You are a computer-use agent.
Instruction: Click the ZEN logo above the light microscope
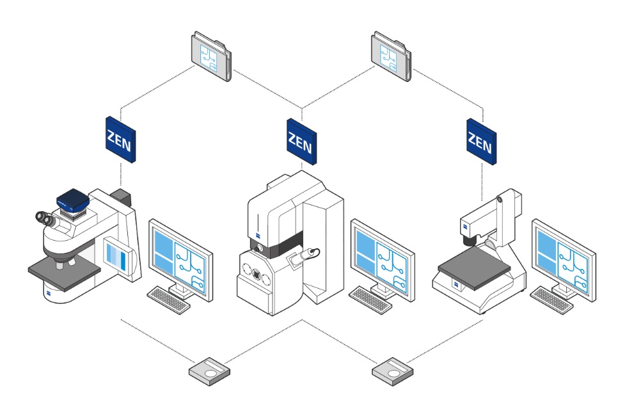click(120, 140)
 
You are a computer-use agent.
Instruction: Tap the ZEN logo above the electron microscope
click(300, 140)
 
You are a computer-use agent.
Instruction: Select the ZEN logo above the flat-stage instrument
click(480, 140)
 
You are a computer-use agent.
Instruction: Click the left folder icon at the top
click(210, 58)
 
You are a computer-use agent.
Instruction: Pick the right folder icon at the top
click(390, 58)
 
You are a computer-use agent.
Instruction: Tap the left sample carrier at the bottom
click(210, 371)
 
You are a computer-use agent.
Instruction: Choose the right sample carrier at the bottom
click(392, 371)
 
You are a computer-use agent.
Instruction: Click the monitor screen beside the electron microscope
click(382, 257)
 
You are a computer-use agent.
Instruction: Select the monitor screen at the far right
click(563, 257)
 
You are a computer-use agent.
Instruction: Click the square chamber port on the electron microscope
click(257, 275)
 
